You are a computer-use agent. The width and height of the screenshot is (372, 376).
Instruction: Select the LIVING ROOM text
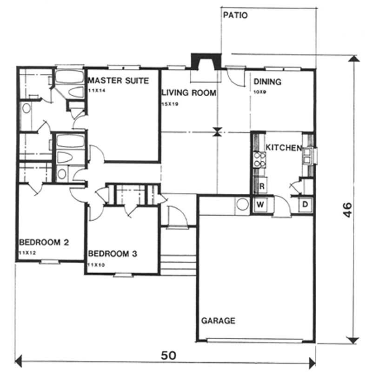coord(189,93)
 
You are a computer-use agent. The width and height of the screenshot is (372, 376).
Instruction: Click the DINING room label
coord(267,82)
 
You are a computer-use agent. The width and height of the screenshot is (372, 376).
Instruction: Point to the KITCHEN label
coord(283,148)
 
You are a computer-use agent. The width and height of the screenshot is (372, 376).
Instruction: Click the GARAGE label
coord(218,321)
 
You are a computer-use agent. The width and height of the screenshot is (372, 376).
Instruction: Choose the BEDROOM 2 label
coord(44,242)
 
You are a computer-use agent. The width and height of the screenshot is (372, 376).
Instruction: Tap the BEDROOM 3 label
coord(113,254)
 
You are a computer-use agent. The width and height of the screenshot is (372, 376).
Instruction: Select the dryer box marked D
coord(306,204)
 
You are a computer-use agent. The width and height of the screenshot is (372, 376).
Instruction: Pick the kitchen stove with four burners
coord(259,160)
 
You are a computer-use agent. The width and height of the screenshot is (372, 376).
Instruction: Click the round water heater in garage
coord(242,204)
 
